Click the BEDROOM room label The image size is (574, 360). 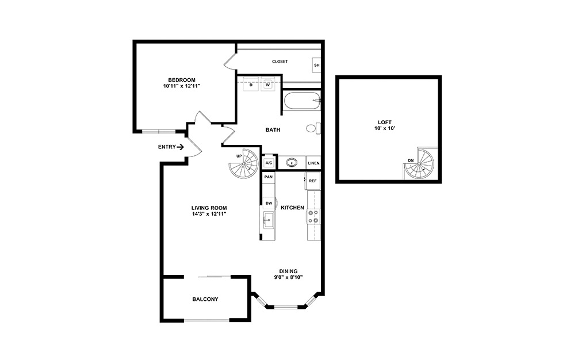[181, 80]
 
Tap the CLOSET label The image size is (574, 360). [280, 62]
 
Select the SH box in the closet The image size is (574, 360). [316, 65]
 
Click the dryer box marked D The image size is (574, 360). [251, 86]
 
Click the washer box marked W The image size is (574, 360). [267, 86]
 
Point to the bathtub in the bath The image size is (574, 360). [301, 102]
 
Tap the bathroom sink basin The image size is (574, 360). [292, 163]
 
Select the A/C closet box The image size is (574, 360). [269, 163]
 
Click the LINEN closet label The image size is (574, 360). [313, 163]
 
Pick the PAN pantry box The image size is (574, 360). [268, 177]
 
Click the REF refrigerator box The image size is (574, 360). [313, 181]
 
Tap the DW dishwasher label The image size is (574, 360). [269, 203]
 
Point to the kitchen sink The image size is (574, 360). [267, 219]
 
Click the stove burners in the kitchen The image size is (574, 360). [313, 216]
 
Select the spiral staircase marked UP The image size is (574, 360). [244, 163]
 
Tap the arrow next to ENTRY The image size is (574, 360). [180, 147]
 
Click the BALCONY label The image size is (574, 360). [205, 300]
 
